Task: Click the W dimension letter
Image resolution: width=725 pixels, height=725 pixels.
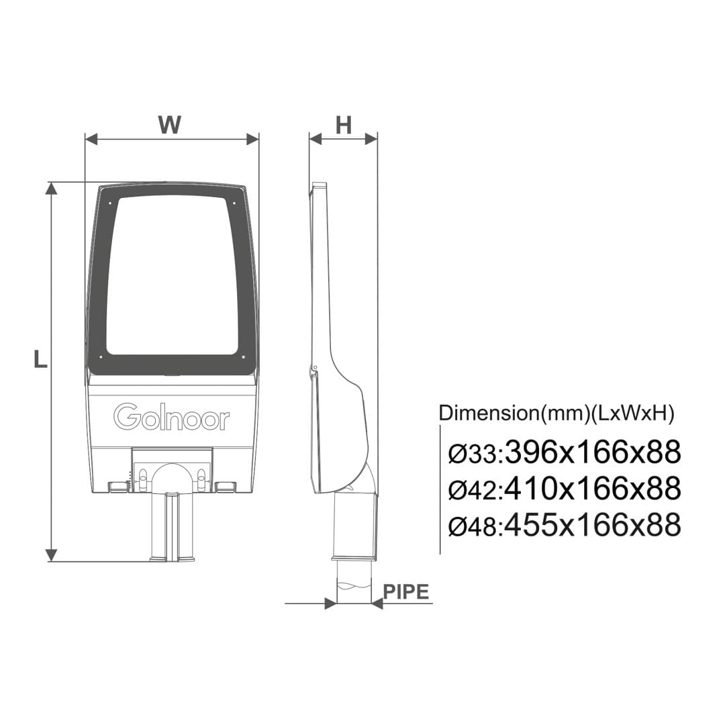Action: (170, 124)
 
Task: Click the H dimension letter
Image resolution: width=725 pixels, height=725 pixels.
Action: (343, 125)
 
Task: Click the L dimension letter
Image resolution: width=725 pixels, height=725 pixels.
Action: (40, 359)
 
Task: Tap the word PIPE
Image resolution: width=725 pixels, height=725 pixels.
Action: (406, 591)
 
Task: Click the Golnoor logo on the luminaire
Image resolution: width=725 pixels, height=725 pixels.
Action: (172, 417)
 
